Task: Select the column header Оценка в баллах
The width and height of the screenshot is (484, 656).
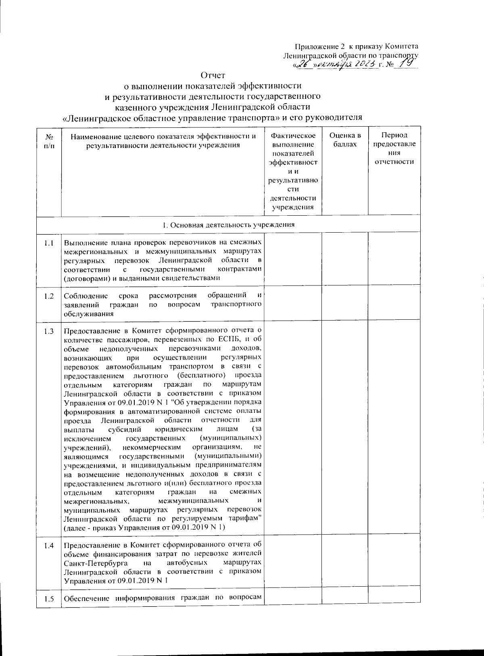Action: [345, 140]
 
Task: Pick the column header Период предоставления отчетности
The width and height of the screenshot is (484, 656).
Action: [394, 148]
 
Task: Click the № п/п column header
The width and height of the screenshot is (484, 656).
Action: [49, 140]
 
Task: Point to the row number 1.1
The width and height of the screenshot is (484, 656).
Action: [49, 243]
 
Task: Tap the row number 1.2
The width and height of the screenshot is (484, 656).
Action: [49, 296]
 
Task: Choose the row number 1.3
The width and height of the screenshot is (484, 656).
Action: [49, 332]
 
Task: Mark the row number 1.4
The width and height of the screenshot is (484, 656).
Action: [49, 546]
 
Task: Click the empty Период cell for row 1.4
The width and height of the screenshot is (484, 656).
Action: [394, 562]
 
